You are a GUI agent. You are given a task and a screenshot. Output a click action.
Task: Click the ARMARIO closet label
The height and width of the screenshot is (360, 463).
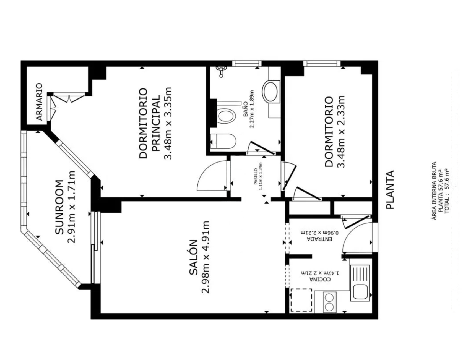(40, 102)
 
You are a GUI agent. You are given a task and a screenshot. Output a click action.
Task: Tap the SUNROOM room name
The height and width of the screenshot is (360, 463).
(59, 207)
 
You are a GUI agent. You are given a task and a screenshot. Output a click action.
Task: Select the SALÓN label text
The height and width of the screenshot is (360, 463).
(194, 257)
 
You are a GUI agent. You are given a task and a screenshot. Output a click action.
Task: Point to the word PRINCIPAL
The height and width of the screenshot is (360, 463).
(156, 123)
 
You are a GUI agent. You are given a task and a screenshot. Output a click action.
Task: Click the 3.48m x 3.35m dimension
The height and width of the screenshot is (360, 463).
(168, 123)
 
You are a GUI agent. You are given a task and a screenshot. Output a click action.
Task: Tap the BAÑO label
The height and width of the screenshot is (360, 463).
(245, 109)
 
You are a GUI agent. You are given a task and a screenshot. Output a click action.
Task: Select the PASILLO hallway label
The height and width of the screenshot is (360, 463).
(256, 176)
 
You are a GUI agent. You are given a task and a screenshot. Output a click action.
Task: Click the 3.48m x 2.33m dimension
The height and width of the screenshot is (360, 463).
(341, 132)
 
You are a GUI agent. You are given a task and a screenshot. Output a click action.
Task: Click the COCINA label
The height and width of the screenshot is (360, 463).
(320, 280)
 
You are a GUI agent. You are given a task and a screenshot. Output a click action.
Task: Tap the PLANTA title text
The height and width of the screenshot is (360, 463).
(390, 190)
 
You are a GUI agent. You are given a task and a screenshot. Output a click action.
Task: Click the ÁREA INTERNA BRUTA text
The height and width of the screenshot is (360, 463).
(434, 191)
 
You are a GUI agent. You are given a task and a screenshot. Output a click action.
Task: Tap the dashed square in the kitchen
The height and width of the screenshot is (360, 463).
(301, 300)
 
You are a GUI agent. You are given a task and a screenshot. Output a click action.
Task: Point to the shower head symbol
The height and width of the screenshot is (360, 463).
(221, 71)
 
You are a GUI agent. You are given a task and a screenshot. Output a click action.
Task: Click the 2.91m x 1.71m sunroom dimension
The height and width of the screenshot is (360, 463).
(72, 207)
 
